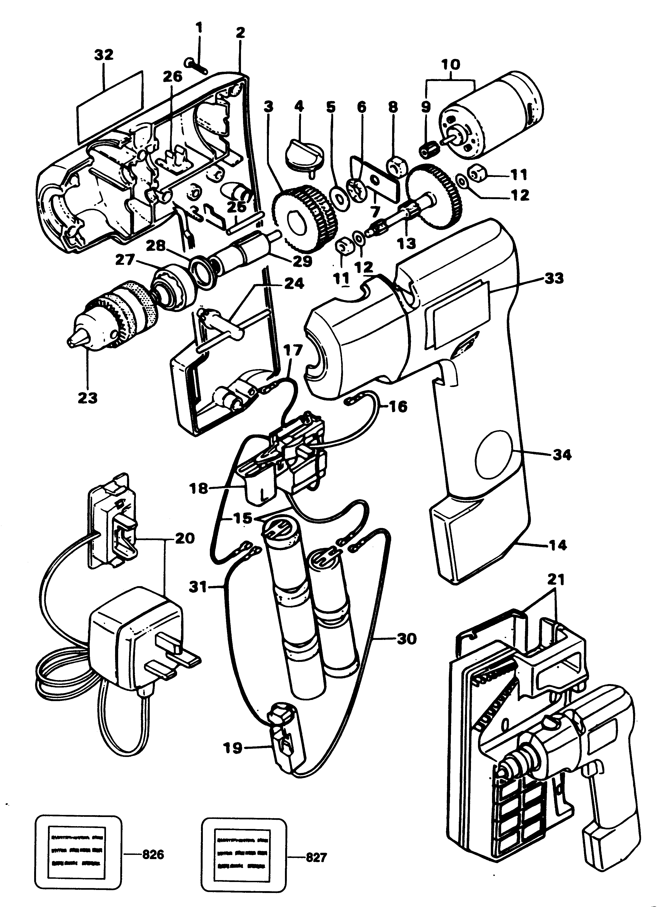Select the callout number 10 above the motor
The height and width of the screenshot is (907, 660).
tap(451, 65)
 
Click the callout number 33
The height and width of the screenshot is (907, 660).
tap(554, 278)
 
